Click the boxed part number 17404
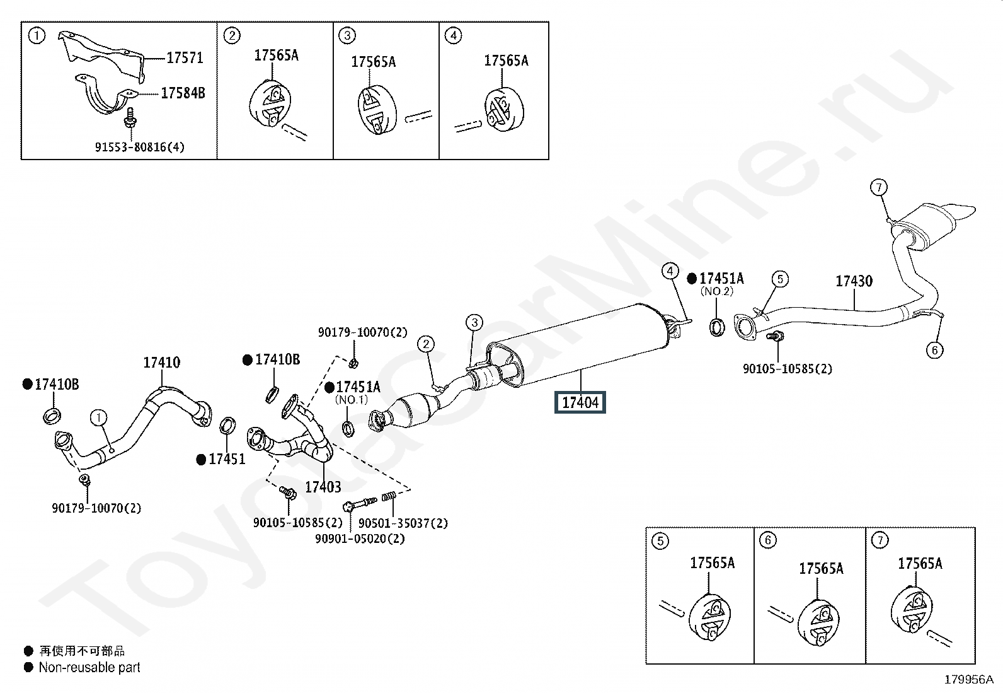(580, 402)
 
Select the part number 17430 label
(854, 281)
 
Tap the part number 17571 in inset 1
(185, 58)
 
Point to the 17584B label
(183, 93)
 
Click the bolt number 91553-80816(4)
(140, 148)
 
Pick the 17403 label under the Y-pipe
(323, 487)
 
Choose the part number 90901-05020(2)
(360, 539)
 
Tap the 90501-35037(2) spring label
(403, 523)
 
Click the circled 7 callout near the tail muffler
(879, 187)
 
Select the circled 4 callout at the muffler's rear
(670, 272)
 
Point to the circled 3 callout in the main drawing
(474, 323)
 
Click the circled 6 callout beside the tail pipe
(934, 350)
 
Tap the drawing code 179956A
(968, 680)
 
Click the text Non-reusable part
(89, 667)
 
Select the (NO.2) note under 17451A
(717, 292)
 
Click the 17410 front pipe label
(161, 363)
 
